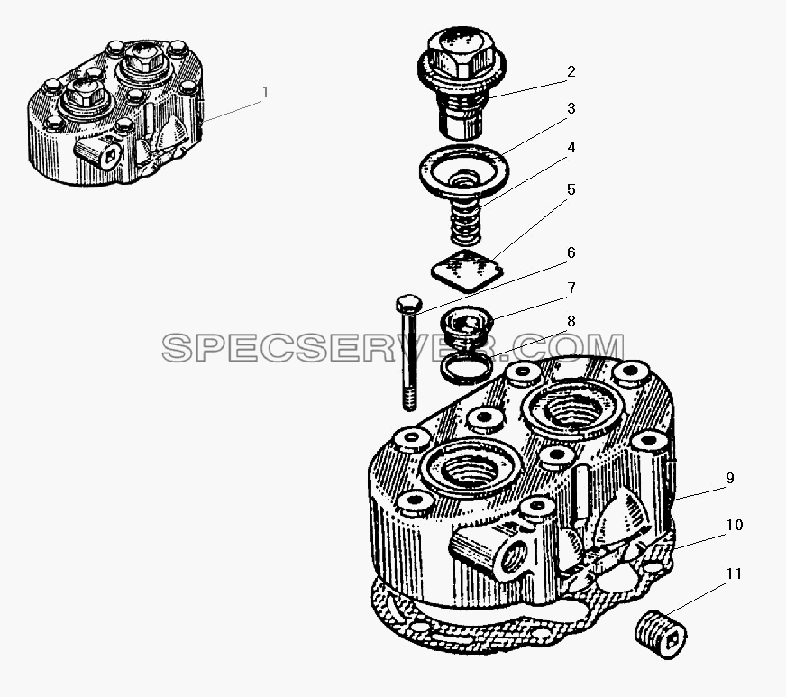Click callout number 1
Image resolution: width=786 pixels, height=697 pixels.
point(265,93)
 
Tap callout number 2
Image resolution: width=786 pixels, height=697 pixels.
point(571,72)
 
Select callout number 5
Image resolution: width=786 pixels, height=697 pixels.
point(571,189)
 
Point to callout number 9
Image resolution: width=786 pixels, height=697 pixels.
point(730,479)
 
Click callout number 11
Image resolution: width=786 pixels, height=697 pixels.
point(734,573)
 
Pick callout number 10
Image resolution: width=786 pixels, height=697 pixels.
point(735,525)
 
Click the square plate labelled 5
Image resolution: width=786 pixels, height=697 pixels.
point(467,271)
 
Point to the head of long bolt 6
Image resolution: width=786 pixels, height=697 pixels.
point(409,304)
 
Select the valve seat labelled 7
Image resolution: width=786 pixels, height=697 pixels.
point(466,326)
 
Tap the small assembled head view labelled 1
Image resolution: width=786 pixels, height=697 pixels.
point(115,113)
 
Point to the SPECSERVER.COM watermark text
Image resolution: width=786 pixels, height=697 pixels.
point(393,347)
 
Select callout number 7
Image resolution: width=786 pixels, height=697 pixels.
point(571,288)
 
